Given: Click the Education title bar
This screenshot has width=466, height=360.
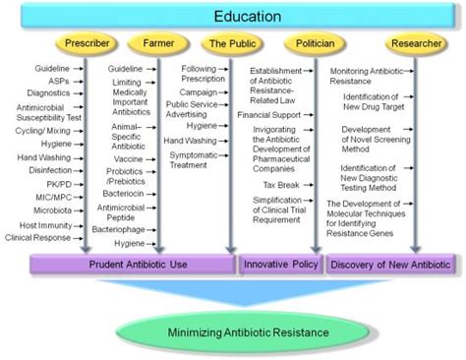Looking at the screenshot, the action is [233, 17].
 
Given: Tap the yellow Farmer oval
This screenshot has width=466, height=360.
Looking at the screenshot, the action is [157, 43].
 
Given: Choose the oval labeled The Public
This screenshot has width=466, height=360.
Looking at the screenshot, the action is [230, 43].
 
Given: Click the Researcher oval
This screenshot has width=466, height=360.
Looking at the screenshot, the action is [414, 43].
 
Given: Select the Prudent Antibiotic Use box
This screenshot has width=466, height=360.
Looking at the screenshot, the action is [133, 265].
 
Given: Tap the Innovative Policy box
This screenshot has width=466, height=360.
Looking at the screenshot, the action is [280, 265].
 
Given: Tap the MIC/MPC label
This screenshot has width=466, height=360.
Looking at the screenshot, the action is [51, 196].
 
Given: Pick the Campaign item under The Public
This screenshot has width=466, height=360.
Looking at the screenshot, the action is [199, 91].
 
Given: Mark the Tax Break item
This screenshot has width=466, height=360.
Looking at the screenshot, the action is [282, 182].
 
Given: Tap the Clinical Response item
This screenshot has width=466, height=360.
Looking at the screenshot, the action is [38, 237].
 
